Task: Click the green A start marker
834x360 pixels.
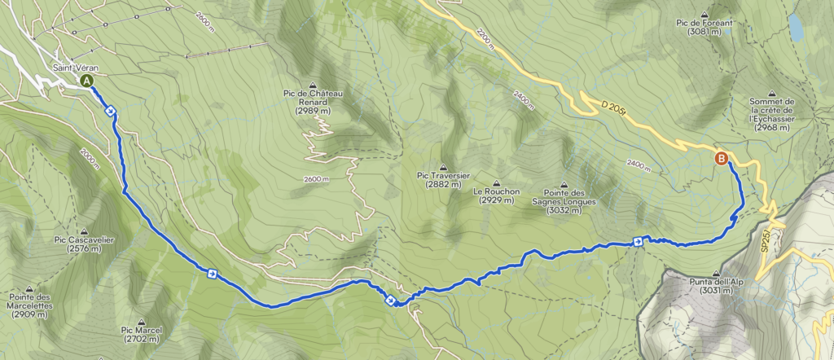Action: pyautogui.click(x=86, y=81)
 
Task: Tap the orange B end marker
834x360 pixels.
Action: pyautogui.click(x=721, y=159)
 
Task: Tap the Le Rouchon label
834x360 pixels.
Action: pyautogui.click(x=496, y=195)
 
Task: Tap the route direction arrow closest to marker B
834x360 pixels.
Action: pyautogui.click(x=638, y=240)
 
